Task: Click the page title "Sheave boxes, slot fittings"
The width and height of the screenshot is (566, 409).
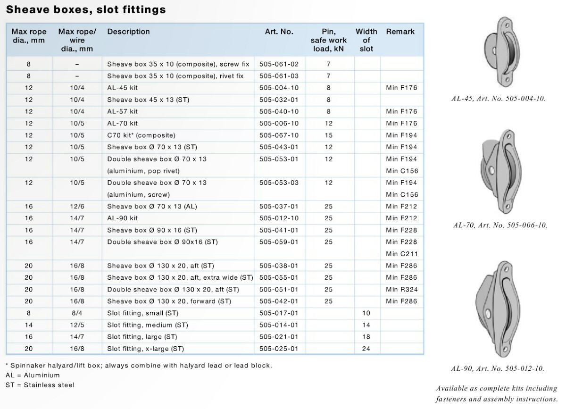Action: pos(86,9)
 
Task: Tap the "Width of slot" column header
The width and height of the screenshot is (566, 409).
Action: pos(366,40)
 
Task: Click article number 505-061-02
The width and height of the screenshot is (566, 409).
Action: pos(279,64)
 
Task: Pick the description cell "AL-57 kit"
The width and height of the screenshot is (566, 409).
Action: pos(122,111)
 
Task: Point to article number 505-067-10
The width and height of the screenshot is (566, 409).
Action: pos(279,135)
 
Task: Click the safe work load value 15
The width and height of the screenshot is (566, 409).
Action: pos(328,135)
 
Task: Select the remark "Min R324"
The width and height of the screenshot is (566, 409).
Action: pos(401,289)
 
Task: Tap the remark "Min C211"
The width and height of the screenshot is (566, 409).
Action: pos(401,254)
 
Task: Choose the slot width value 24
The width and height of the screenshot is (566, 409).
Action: pos(366,349)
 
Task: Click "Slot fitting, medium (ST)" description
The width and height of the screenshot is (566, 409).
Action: pos(147,325)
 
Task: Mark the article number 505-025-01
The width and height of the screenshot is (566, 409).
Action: pos(279,349)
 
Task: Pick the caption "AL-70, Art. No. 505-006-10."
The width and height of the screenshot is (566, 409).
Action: pos(500,225)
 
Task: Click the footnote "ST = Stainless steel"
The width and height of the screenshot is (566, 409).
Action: pos(40,384)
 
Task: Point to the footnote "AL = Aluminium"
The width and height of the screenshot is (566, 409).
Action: pos(33,375)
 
